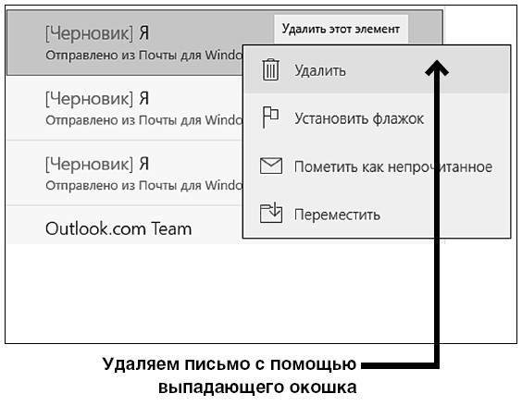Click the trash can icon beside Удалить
[x=270, y=69]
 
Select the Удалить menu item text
[x=320, y=71]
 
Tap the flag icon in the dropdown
[x=270, y=117]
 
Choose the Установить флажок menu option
[x=359, y=118]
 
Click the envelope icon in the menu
[x=271, y=166]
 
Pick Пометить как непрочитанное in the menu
[x=393, y=166]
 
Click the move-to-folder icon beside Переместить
[x=271, y=213]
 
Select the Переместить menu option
[x=337, y=215]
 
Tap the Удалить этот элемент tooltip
[x=341, y=29]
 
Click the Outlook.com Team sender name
[x=118, y=229]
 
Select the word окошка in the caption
[x=323, y=388]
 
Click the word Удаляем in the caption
[x=142, y=365]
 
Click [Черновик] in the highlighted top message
[x=89, y=33]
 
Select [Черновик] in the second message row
[x=89, y=99]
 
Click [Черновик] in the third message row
[x=89, y=164]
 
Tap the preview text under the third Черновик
[x=143, y=185]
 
